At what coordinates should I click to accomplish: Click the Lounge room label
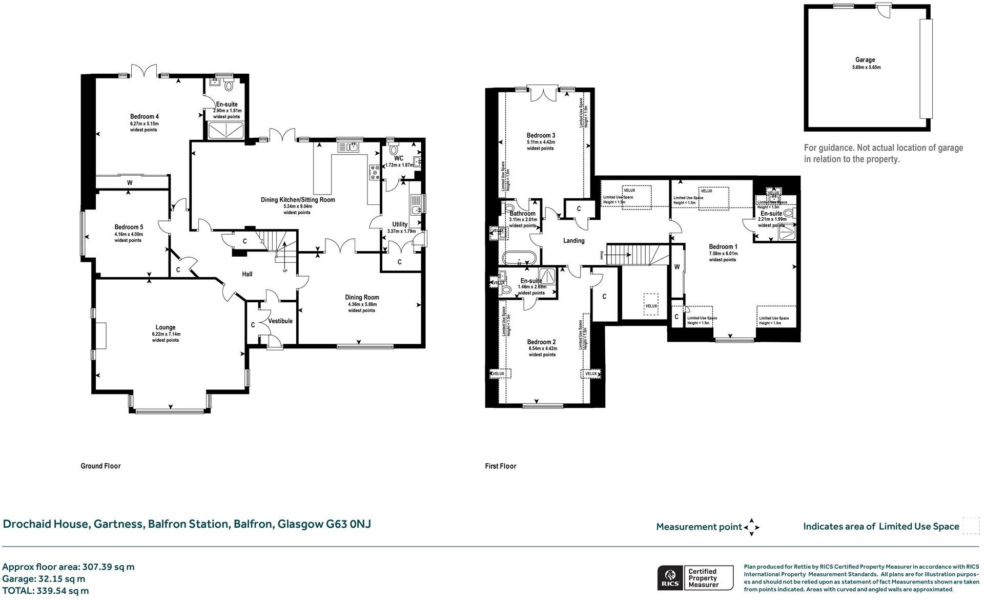click(165, 327)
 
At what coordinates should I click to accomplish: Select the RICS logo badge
click(670, 578)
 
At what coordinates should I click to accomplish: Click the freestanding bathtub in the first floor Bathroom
click(519, 258)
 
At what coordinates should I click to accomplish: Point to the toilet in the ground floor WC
click(393, 150)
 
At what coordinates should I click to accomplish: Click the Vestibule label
click(280, 321)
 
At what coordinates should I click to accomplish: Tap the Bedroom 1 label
click(723, 246)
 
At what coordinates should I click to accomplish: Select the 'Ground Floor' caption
click(100, 466)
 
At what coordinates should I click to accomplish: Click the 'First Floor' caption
click(500, 466)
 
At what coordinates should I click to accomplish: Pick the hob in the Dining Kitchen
click(374, 172)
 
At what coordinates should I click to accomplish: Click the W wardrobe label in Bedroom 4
click(130, 183)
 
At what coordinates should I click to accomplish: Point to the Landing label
click(573, 241)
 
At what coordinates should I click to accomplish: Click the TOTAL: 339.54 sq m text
click(46, 591)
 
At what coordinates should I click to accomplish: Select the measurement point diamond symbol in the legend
click(751, 527)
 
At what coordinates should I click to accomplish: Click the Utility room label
click(400, 224)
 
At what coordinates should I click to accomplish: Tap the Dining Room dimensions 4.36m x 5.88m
click(361, 304)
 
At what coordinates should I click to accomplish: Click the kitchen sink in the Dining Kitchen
click(351, 148)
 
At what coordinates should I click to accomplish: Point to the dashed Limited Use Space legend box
click(970, 526)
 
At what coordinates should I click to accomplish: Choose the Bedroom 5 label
click(129, 227)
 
